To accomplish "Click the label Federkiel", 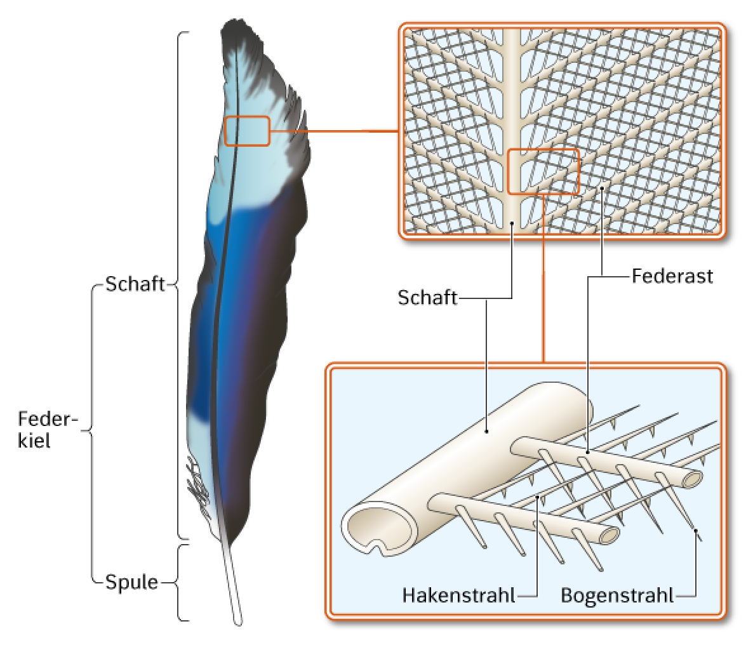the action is [x=48, y=429].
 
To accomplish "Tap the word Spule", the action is [x=131, y=582].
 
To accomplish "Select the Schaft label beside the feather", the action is [x=135, y=284].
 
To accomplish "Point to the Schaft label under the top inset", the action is [x=427, y=298].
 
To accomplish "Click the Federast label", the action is [x=672, y=276].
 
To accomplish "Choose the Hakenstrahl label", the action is [x=458, y=595].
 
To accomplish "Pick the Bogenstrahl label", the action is [x=617, y=595].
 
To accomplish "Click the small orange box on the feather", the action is [x=248, y=131].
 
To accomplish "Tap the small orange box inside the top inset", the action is [x=543, y=171].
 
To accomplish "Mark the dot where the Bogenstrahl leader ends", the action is [x=696, y=530].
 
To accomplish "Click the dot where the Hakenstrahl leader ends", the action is [x=537, y=496].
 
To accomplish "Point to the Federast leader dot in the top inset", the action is [x=602, y=189].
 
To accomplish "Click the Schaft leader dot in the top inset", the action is [x=512, y=223].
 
